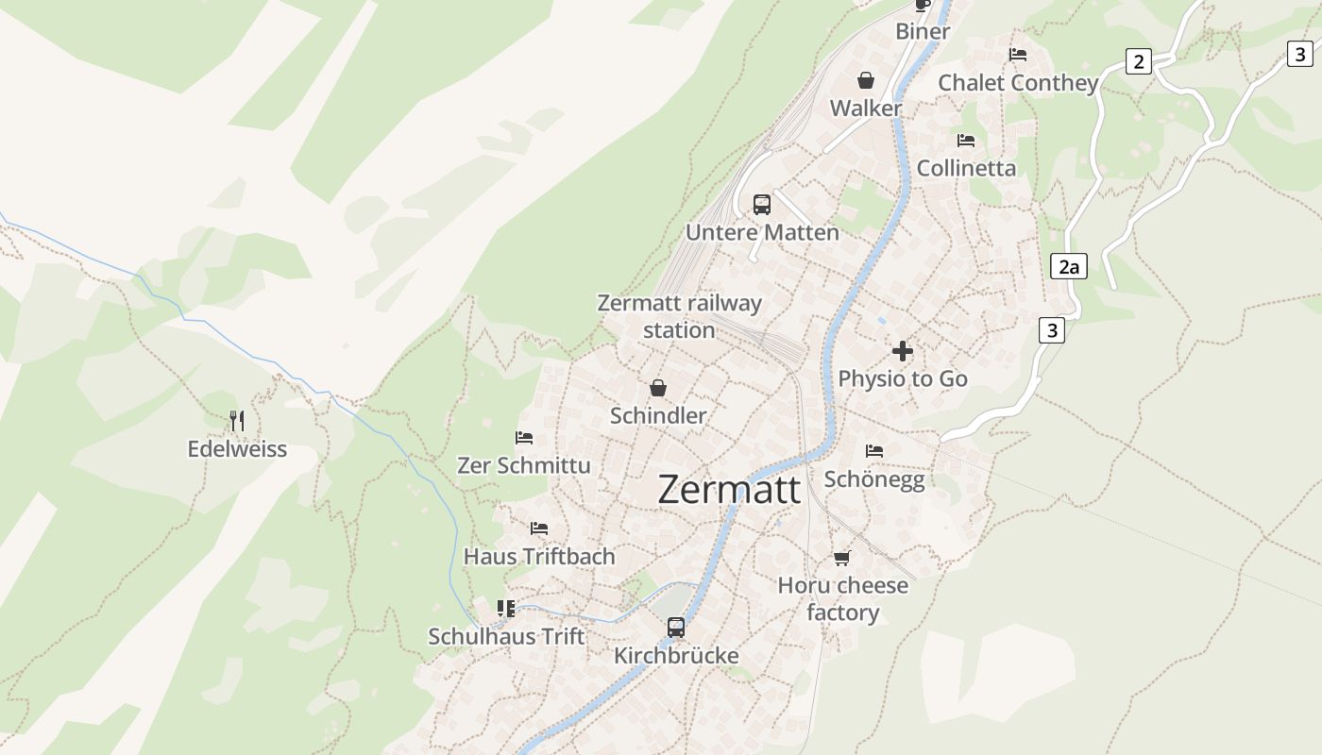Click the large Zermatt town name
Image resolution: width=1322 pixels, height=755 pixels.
click(729, 490)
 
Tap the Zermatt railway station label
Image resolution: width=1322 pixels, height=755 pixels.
click(679, 316)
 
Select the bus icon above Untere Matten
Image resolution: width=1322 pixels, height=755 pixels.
click(761, 204)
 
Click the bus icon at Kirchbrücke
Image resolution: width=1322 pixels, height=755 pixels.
click(676, 627)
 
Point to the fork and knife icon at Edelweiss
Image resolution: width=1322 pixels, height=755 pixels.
click(237, 420)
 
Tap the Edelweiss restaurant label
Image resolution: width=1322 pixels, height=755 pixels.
click(237, 449)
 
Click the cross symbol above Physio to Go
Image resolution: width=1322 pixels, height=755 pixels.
click(903, 351)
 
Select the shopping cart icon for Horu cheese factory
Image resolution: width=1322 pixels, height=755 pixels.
click(842, 558)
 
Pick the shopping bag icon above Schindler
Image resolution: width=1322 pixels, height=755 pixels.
click(658, 388)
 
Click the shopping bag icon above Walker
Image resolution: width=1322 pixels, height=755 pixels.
click(866, 80)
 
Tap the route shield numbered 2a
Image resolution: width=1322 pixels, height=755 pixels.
click(1068, 267)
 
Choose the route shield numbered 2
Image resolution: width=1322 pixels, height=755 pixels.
click(1139, 62)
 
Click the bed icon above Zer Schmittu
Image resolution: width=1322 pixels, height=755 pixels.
click(524, 438)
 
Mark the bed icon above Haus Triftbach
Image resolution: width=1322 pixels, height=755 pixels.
click(539, 528)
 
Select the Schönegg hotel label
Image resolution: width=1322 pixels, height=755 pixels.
click(874, 479)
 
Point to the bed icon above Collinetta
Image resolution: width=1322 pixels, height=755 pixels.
click(966, 141)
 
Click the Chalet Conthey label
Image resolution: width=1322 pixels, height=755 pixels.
click(1018, 83)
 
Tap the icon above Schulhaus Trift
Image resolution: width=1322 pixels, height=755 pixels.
click(506, 609)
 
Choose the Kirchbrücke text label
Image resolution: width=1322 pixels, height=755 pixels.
click(676, 656)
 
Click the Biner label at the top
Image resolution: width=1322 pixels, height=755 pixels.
click(923, 31)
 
